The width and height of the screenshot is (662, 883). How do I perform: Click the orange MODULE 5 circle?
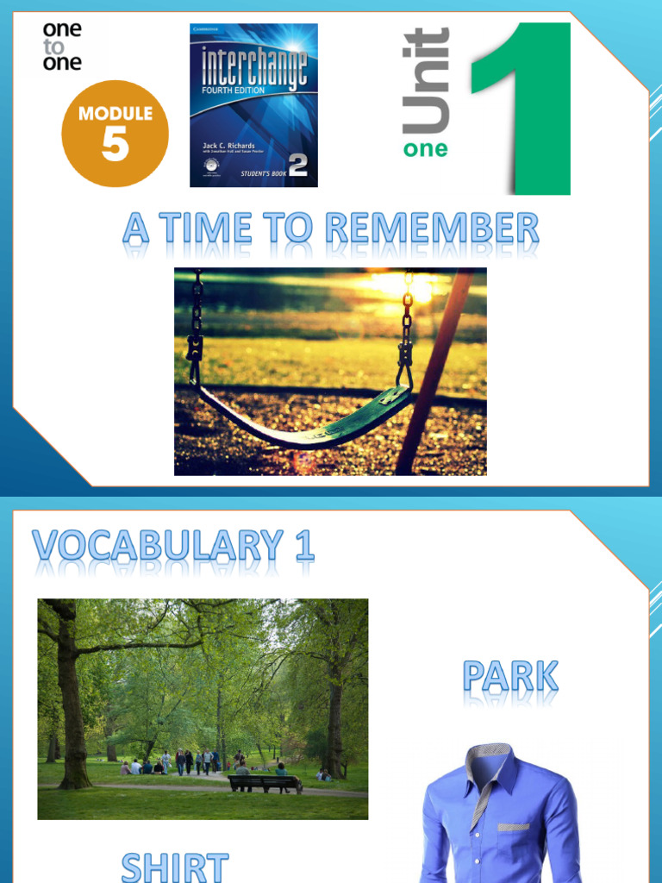click(x=115, y=134)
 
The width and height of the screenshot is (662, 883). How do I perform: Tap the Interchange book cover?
click(x=253, y=105)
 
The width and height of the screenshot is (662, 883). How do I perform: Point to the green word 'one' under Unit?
click(x=425, y=149)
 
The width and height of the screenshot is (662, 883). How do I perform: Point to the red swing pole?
click(x=435, y=371)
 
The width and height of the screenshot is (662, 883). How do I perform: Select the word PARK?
click(x=510, y=678)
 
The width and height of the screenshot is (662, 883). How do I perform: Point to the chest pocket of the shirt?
click(x=515, y=825)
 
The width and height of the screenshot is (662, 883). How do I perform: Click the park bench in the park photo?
click(x=264, y=782)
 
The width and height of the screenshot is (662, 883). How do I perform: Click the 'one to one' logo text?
click(x=62, y=46)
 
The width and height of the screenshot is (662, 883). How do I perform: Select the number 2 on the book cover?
click(x=297, y=165)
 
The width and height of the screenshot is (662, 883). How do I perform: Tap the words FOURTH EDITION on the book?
click(x=233, y=89)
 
